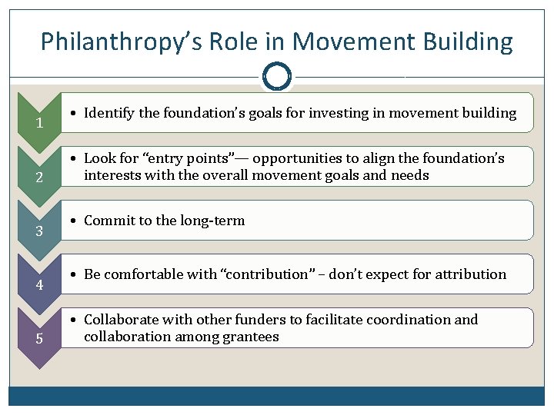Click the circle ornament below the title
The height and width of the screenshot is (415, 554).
click(277, 76)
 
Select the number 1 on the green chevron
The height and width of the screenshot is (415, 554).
click(38, 124)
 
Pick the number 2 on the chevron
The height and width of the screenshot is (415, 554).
click(38, 178)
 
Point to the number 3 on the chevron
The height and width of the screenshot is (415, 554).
click(38, 232)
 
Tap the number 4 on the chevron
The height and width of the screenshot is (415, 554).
click(38, 286)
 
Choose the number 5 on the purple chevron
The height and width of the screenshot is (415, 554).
click(38, 340)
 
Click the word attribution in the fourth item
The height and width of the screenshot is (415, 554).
click(472, 274)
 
